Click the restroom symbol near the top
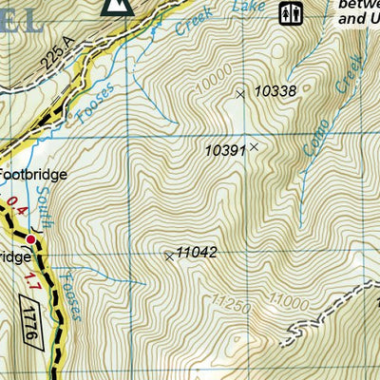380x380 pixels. pyautogui.click(x=290, y=13)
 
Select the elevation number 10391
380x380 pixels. pyautogui.click(x=225, y=150)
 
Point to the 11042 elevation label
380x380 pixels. pyautogui.click(x=199, y=253)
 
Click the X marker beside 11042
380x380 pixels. pyautogui.click(x=169, y=256)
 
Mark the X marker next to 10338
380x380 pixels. pyautogui.click(x=240, y=93)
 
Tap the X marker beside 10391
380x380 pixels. pyautogui.click(x=254, y=147)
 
